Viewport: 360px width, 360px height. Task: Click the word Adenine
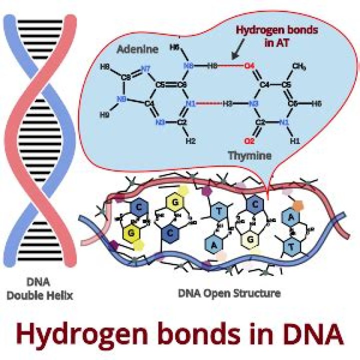pos(138,49)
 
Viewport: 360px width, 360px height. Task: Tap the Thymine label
pos(250,155)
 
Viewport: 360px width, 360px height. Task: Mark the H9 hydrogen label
pos(104,115)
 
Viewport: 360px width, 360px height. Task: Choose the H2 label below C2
pos(190,141)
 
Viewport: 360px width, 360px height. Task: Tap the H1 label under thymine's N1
pos(295,141)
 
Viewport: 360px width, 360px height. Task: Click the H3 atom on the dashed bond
pos(228,103)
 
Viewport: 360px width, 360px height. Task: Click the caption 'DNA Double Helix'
pos(40,289)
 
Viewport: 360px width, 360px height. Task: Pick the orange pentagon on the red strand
pos(298,205)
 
